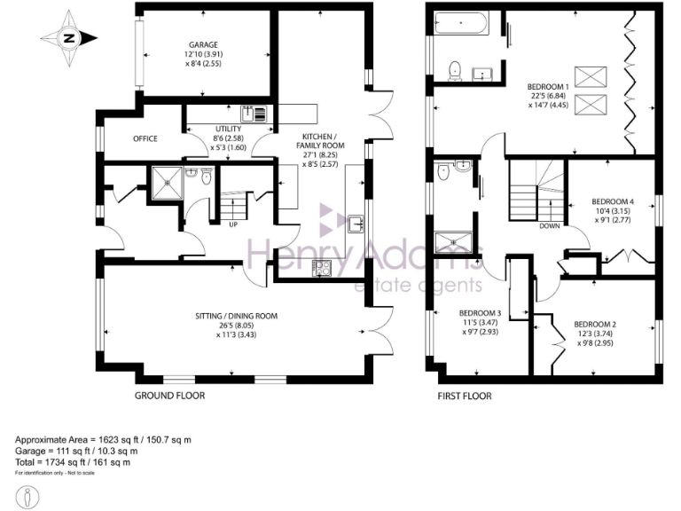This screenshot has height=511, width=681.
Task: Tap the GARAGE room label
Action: [202, 44]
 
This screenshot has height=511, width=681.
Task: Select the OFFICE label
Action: [145, 139]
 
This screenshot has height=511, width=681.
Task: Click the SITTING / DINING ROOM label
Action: [237, 316]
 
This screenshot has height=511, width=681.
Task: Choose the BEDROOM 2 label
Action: [595, 324]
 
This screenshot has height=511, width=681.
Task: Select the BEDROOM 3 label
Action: [480, 313]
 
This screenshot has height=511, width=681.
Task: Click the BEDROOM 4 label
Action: [613, 200]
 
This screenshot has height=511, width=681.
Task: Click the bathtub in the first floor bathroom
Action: [461, 24]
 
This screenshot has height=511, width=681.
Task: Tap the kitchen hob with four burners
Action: [319, 266]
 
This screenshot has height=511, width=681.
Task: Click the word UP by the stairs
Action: [232, 224]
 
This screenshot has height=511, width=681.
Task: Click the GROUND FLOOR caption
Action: [169, 396]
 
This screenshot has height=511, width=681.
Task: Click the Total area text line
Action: [74, 461]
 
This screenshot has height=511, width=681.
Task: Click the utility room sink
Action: [247, 114]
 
